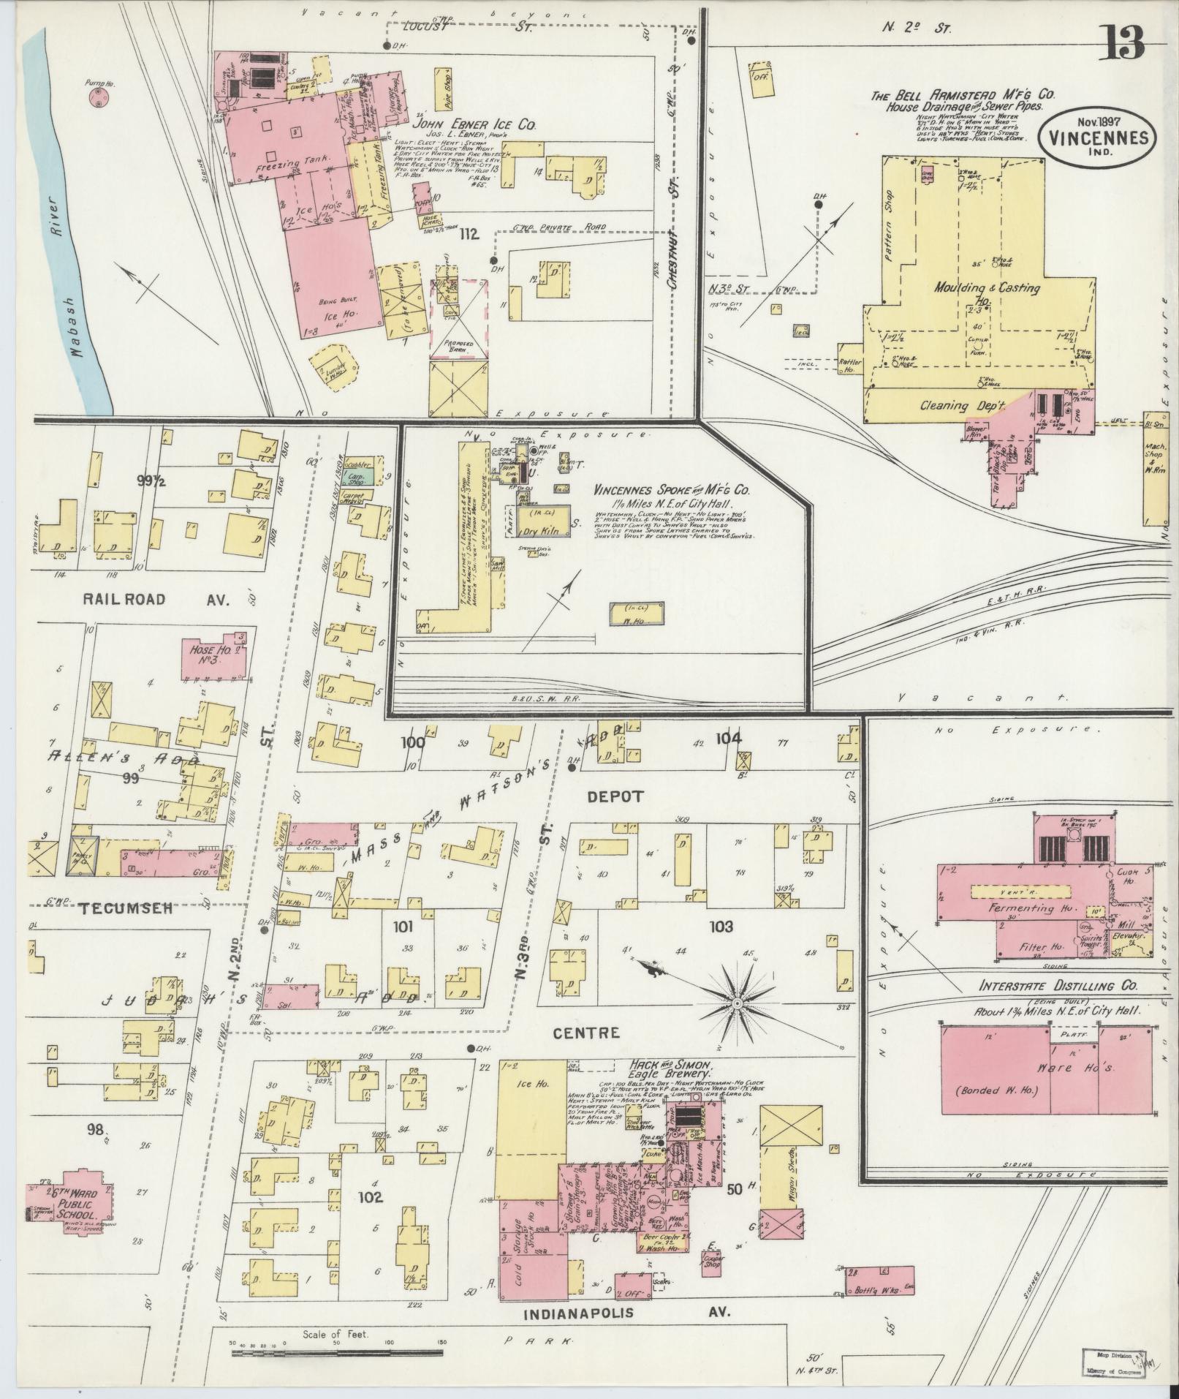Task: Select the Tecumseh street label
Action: pos(126,908)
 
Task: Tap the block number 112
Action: pos(469,235)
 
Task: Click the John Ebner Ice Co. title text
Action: pos(475,126)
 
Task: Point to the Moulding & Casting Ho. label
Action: pos(986,288)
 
